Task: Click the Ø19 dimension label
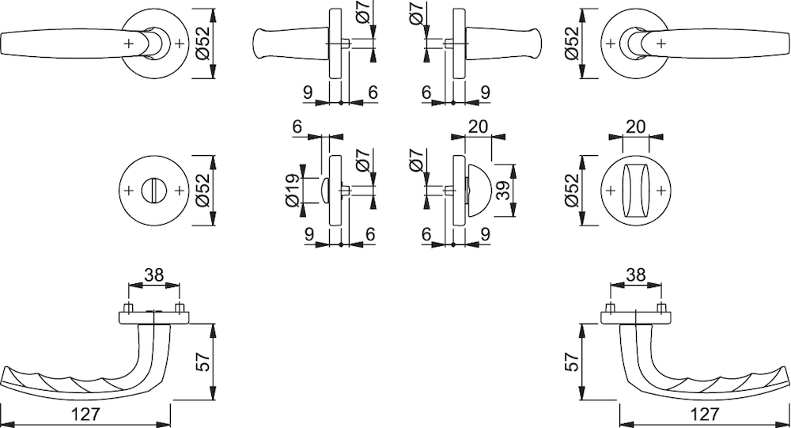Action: click(x=293, y=191)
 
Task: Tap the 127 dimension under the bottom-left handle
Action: click(x=85, y=415)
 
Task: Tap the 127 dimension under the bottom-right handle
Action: click(x=704, y=415)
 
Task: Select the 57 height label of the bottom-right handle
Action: click(x=572, y=362)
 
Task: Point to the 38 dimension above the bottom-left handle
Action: click(x=154, y=275)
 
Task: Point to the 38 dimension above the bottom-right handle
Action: click(x=636, y=275)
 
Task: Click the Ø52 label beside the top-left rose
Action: click(x=202, y=44)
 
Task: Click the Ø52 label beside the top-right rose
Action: click(x=573, y=44)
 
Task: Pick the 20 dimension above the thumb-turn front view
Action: click(x=636, y=126)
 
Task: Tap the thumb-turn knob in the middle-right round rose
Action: click(x=636, y=191)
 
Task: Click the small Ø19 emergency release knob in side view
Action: click(x=324, y=191)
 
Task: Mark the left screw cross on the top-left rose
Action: click(x=128, y=44)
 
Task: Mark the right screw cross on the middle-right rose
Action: click(x=661, y=191)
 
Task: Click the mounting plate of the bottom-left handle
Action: click(x=154, y=317)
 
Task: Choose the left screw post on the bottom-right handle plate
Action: click(x=611, y=308)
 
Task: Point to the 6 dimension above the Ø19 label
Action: click(x=297, y=126)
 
